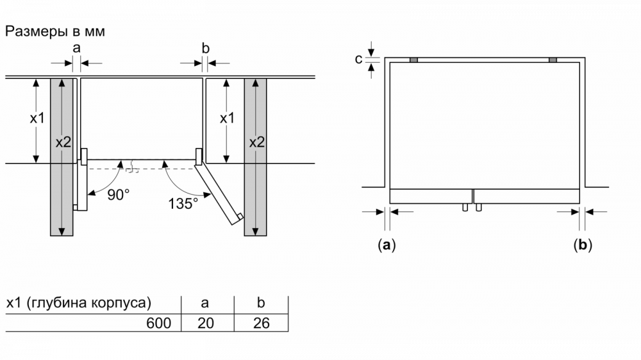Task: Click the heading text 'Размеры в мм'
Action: coord(54,31)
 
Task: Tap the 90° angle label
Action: coord(118,195)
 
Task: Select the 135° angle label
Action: coord(183,203)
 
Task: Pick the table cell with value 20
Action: coord(206,323)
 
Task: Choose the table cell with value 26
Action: coord(262,323)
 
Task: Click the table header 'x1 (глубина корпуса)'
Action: coord(78,303)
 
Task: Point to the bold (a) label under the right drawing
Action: coord(387,245)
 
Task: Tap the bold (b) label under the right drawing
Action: coord(583,245)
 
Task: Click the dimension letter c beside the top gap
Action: coord(358,60)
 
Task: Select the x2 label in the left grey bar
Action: coord(63,142)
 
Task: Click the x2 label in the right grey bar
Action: coord(257,142)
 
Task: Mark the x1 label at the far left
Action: coord(37,118)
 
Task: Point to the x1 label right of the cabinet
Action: coord(228,118)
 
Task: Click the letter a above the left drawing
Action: coord(76,49)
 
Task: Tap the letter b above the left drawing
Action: coord(205,48)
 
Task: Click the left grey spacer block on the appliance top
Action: coord(413,60)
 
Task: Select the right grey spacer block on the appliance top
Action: coord(553,60)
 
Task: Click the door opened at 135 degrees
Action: coord(219,192)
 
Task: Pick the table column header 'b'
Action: coord(261,302)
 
